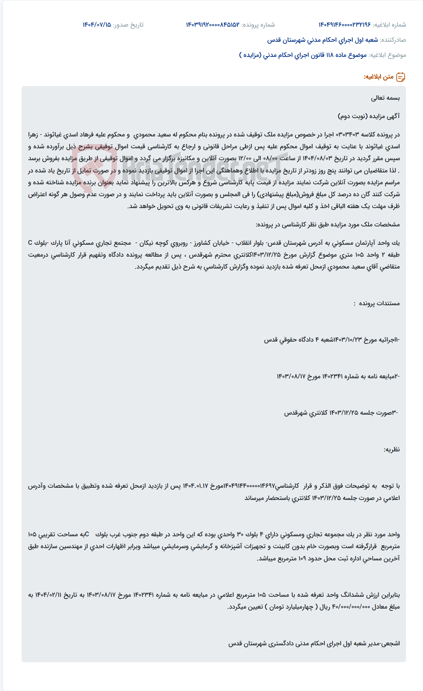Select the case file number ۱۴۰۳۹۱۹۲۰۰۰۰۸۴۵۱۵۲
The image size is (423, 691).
[213, 25]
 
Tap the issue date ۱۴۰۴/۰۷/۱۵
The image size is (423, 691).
[97, 25]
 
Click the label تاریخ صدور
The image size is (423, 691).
[129, 25]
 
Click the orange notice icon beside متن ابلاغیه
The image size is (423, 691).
[401, 77]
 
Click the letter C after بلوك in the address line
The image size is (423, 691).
[30, 243]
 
